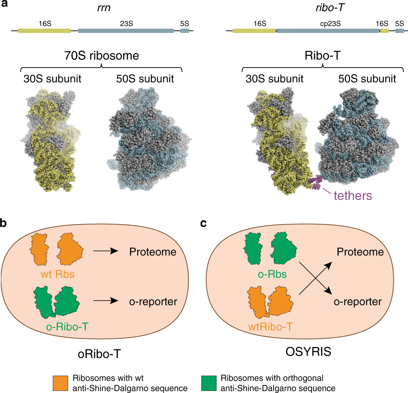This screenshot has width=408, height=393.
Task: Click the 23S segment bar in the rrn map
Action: point(126,31)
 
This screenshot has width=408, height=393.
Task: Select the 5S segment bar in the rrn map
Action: point(184,31)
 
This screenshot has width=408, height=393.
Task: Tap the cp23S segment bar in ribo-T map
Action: point(328,31)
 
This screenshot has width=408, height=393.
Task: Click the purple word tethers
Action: point(353,196)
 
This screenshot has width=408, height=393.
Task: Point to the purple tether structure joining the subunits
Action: point(316,182)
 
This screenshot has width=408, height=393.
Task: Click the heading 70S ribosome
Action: point(102,55)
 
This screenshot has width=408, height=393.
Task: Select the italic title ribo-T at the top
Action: point(330,8)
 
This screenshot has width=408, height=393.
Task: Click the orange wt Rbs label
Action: point(57,274)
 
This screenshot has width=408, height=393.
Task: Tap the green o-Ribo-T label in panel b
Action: point(67,327)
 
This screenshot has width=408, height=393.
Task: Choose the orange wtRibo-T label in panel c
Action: point(270,327)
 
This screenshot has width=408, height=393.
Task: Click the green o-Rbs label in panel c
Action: point(272,274)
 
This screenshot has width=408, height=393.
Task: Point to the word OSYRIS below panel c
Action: point(308,352)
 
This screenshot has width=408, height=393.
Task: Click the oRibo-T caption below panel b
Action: point(99,354)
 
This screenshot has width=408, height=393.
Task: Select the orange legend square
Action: point(60,383)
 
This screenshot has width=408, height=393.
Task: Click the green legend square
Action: point(209,383)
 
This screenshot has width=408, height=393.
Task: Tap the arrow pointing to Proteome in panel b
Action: point(105,251)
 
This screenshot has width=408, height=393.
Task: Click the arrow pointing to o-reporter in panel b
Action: point(105,301)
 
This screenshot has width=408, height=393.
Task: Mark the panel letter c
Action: point(203,223)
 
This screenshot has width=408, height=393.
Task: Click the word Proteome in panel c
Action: point(360,252)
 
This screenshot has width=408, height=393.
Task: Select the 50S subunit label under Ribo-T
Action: point(367,79)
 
